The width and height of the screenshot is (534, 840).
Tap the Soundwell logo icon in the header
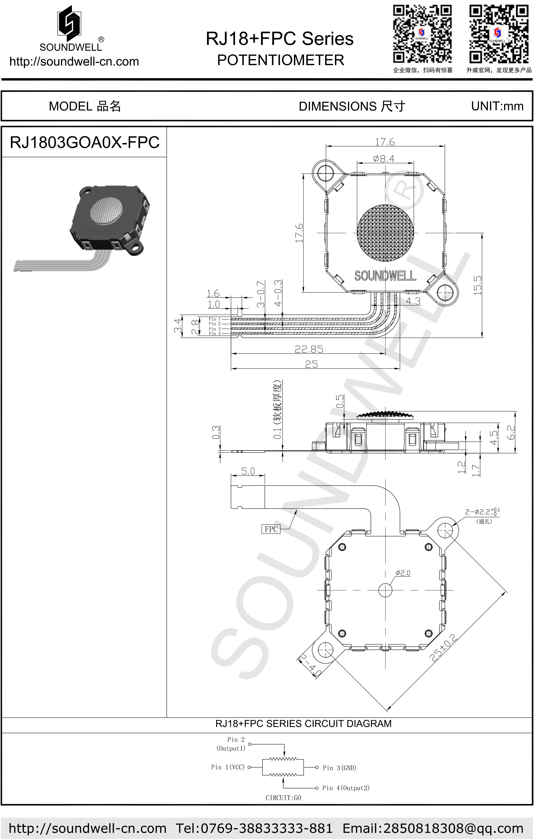click(x=70, y=22)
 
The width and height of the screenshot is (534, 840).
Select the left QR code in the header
click(x=423, y=34)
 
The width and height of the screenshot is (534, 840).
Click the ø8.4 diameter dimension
click(x=384, y=159)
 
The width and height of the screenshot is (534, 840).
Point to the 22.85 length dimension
click(x=309, y=349)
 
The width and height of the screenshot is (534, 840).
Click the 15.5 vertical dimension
click(x=478, y=285)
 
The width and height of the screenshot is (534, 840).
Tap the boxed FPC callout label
click(x=271, y=529)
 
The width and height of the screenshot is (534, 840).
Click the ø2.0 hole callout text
click(x=403, y=573)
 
